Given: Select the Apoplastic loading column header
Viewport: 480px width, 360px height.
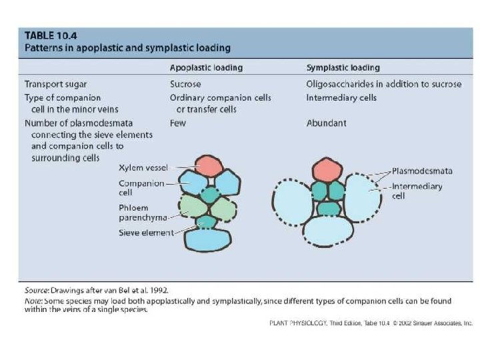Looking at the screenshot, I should click(206, 68).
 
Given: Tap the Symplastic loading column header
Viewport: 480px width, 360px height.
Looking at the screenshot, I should click(343, 68).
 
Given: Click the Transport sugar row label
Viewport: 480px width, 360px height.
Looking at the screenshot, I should click(55, 85).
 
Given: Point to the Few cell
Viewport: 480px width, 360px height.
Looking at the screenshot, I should click(178, 123).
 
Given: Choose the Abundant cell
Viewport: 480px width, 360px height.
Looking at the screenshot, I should click(325, 123).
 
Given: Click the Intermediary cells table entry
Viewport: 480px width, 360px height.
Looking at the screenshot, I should click(341, 97).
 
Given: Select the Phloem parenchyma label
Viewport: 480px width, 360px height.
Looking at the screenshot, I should click(139, 213).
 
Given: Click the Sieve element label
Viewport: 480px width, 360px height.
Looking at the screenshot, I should click(146, 233).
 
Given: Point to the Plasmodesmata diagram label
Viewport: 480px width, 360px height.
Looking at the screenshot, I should click(422, 171).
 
